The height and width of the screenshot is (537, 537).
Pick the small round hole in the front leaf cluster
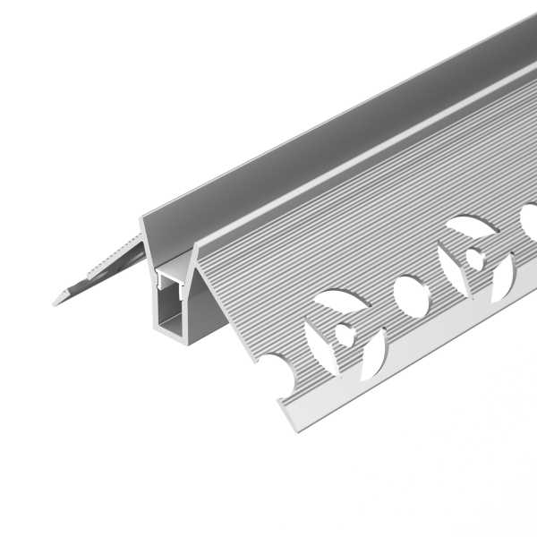pyautogui.click(x=346, y=337)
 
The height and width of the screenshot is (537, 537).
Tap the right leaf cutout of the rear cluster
pyautogui.click(x=502, y=277)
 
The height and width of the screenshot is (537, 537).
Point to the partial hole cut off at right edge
pyautogui.click(x=529, y=218)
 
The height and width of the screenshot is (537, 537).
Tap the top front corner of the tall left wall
pyautogui.click(x=142, y=219)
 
